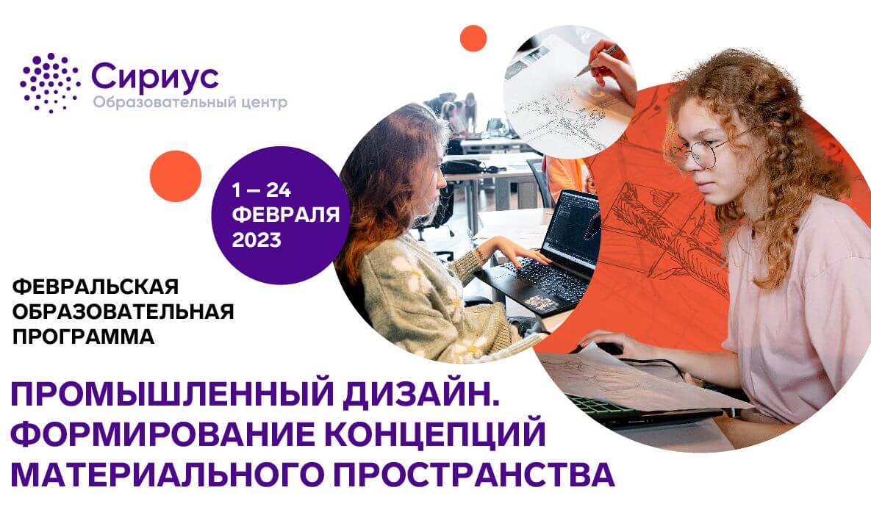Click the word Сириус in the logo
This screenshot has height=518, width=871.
[155, 77]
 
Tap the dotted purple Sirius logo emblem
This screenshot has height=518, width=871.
[50, 83]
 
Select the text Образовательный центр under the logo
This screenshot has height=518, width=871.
[190, 103]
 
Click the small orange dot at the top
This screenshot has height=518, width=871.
[473, 38]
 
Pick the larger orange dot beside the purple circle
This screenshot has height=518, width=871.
[176, 176]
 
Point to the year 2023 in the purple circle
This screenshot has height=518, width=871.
[257, 240]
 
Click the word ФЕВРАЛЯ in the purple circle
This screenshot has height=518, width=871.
[286, 215]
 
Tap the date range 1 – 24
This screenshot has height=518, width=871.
[261, 190]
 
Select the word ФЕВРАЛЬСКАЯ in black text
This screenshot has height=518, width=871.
[96, 287]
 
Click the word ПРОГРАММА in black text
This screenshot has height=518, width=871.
[83, 337]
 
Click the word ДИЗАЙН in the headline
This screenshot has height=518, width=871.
[417, 394]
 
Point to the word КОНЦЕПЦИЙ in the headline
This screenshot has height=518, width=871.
[435, 434]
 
